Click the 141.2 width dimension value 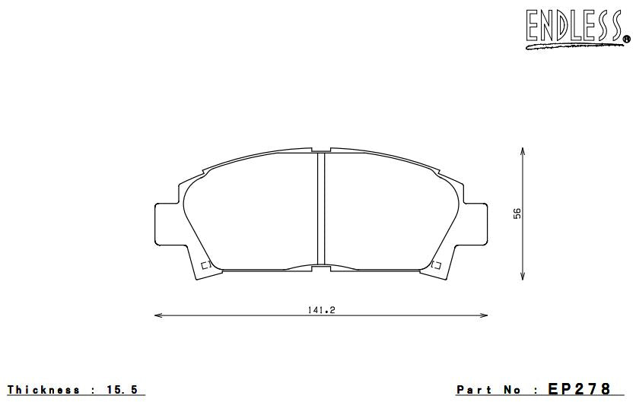click(320, 309)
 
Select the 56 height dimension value click(517, 214)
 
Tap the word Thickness click(43, 390)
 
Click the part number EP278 click(579, 389)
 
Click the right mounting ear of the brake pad click(475, 223)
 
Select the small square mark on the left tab click(204, 264)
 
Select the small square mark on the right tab click(436, 264)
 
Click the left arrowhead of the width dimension click(157, 314)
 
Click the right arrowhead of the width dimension click(485, 314)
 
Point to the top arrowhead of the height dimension click(523, 152)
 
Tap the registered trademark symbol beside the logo click(627, 39)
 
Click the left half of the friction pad click(251, 217)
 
